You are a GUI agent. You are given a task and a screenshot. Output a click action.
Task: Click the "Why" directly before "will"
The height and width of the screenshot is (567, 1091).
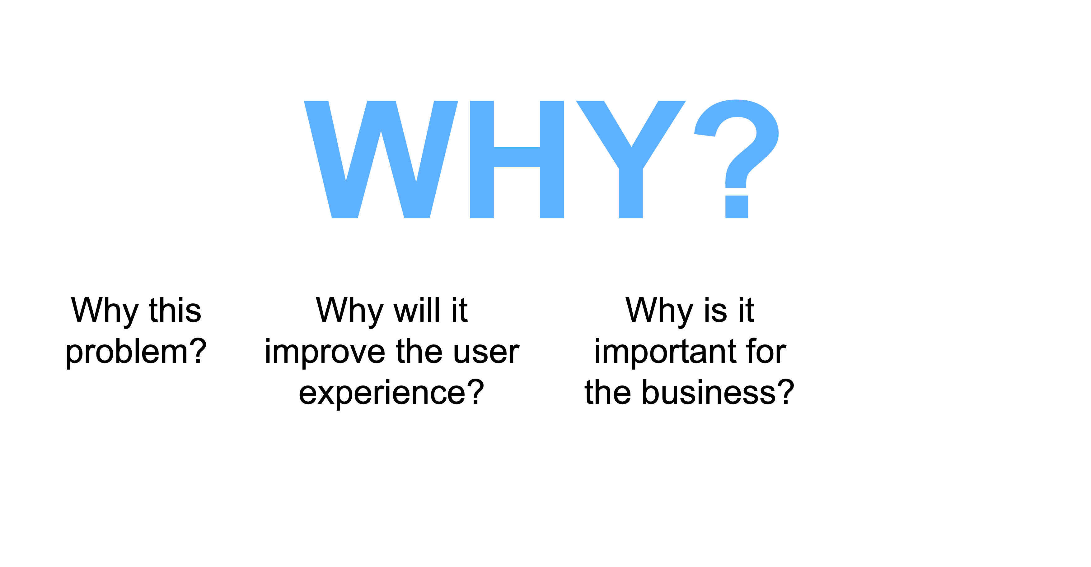[350, 311]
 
